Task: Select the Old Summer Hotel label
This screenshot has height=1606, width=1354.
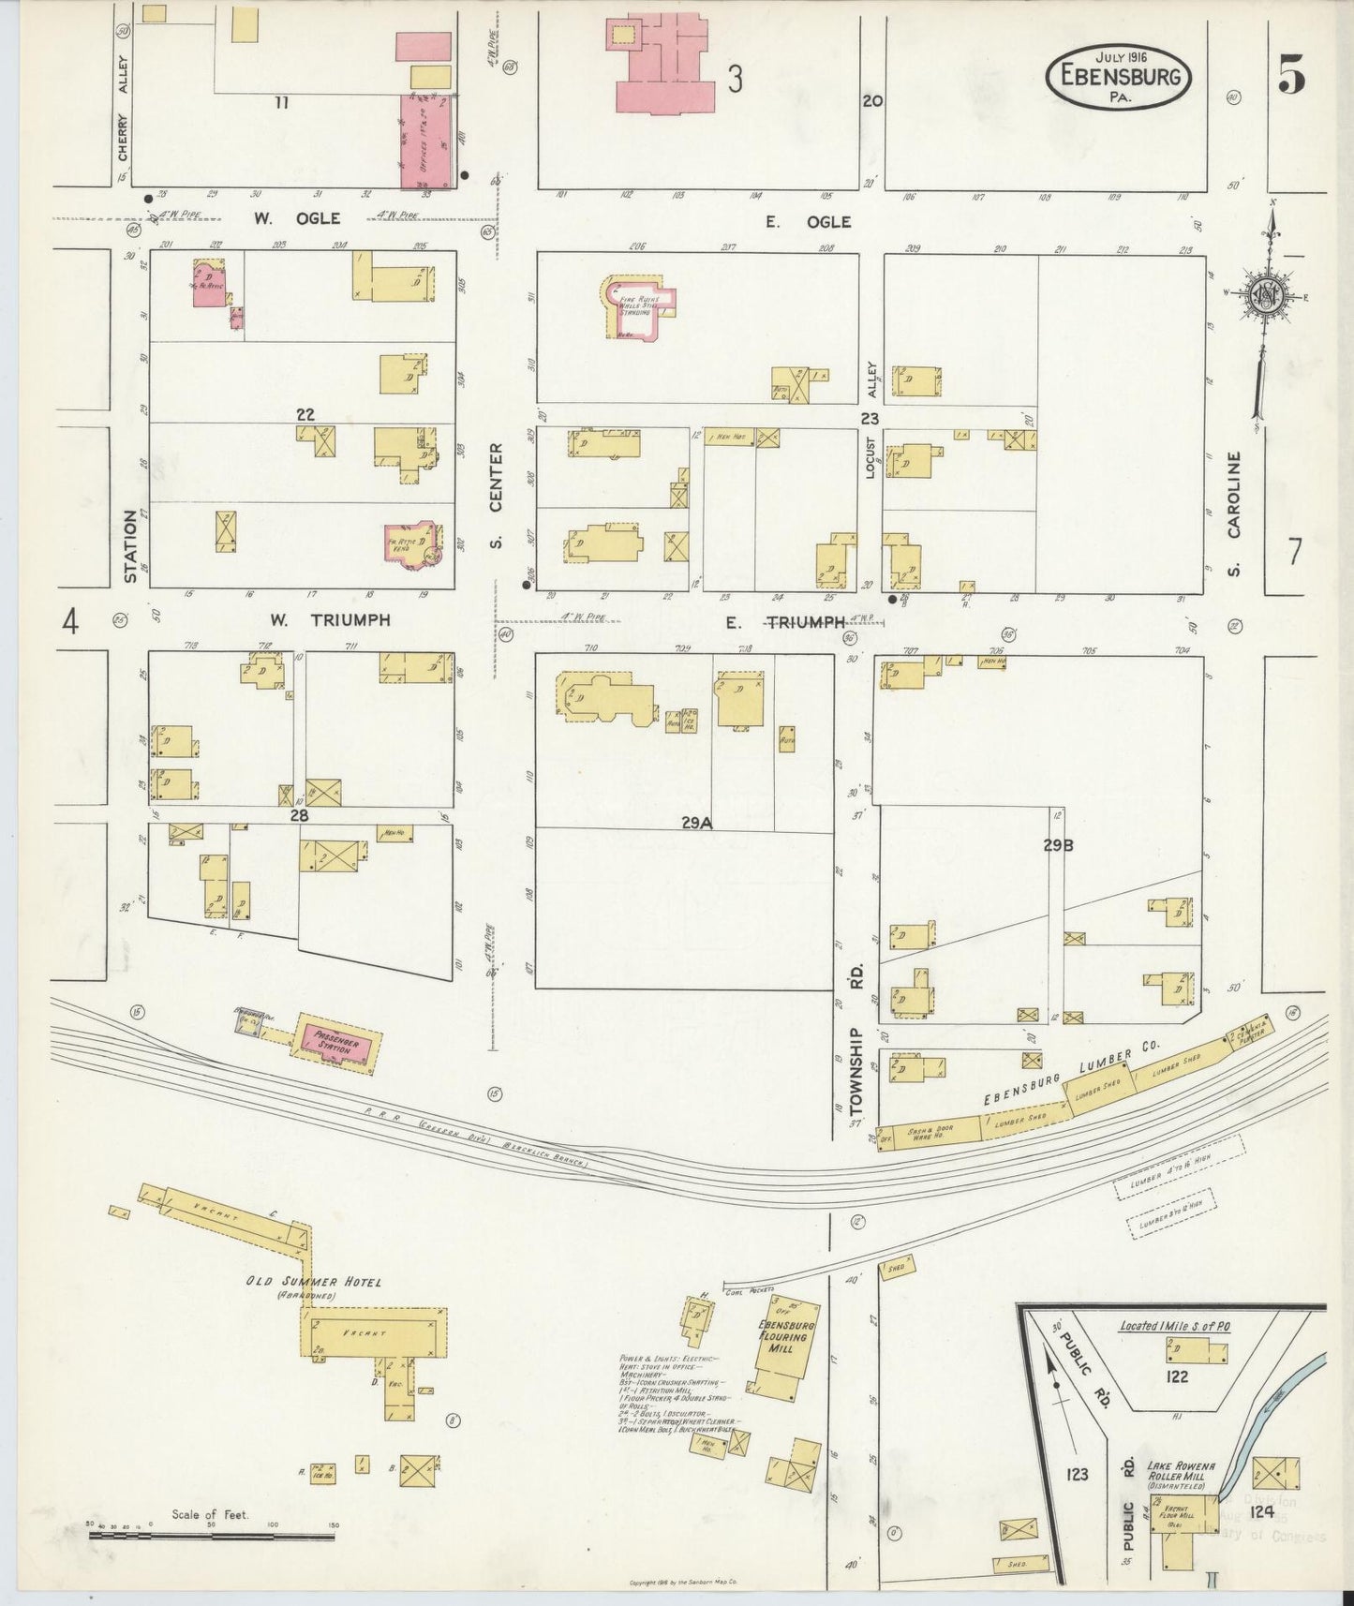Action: [x=313, y=1283]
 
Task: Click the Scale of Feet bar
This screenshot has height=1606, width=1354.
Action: [x=211, y=1536]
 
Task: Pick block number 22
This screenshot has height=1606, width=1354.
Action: [x=305, y=414]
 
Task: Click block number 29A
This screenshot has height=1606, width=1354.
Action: [x=697, y=822]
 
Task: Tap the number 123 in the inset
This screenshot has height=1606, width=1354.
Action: [x=1077, y=1474]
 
